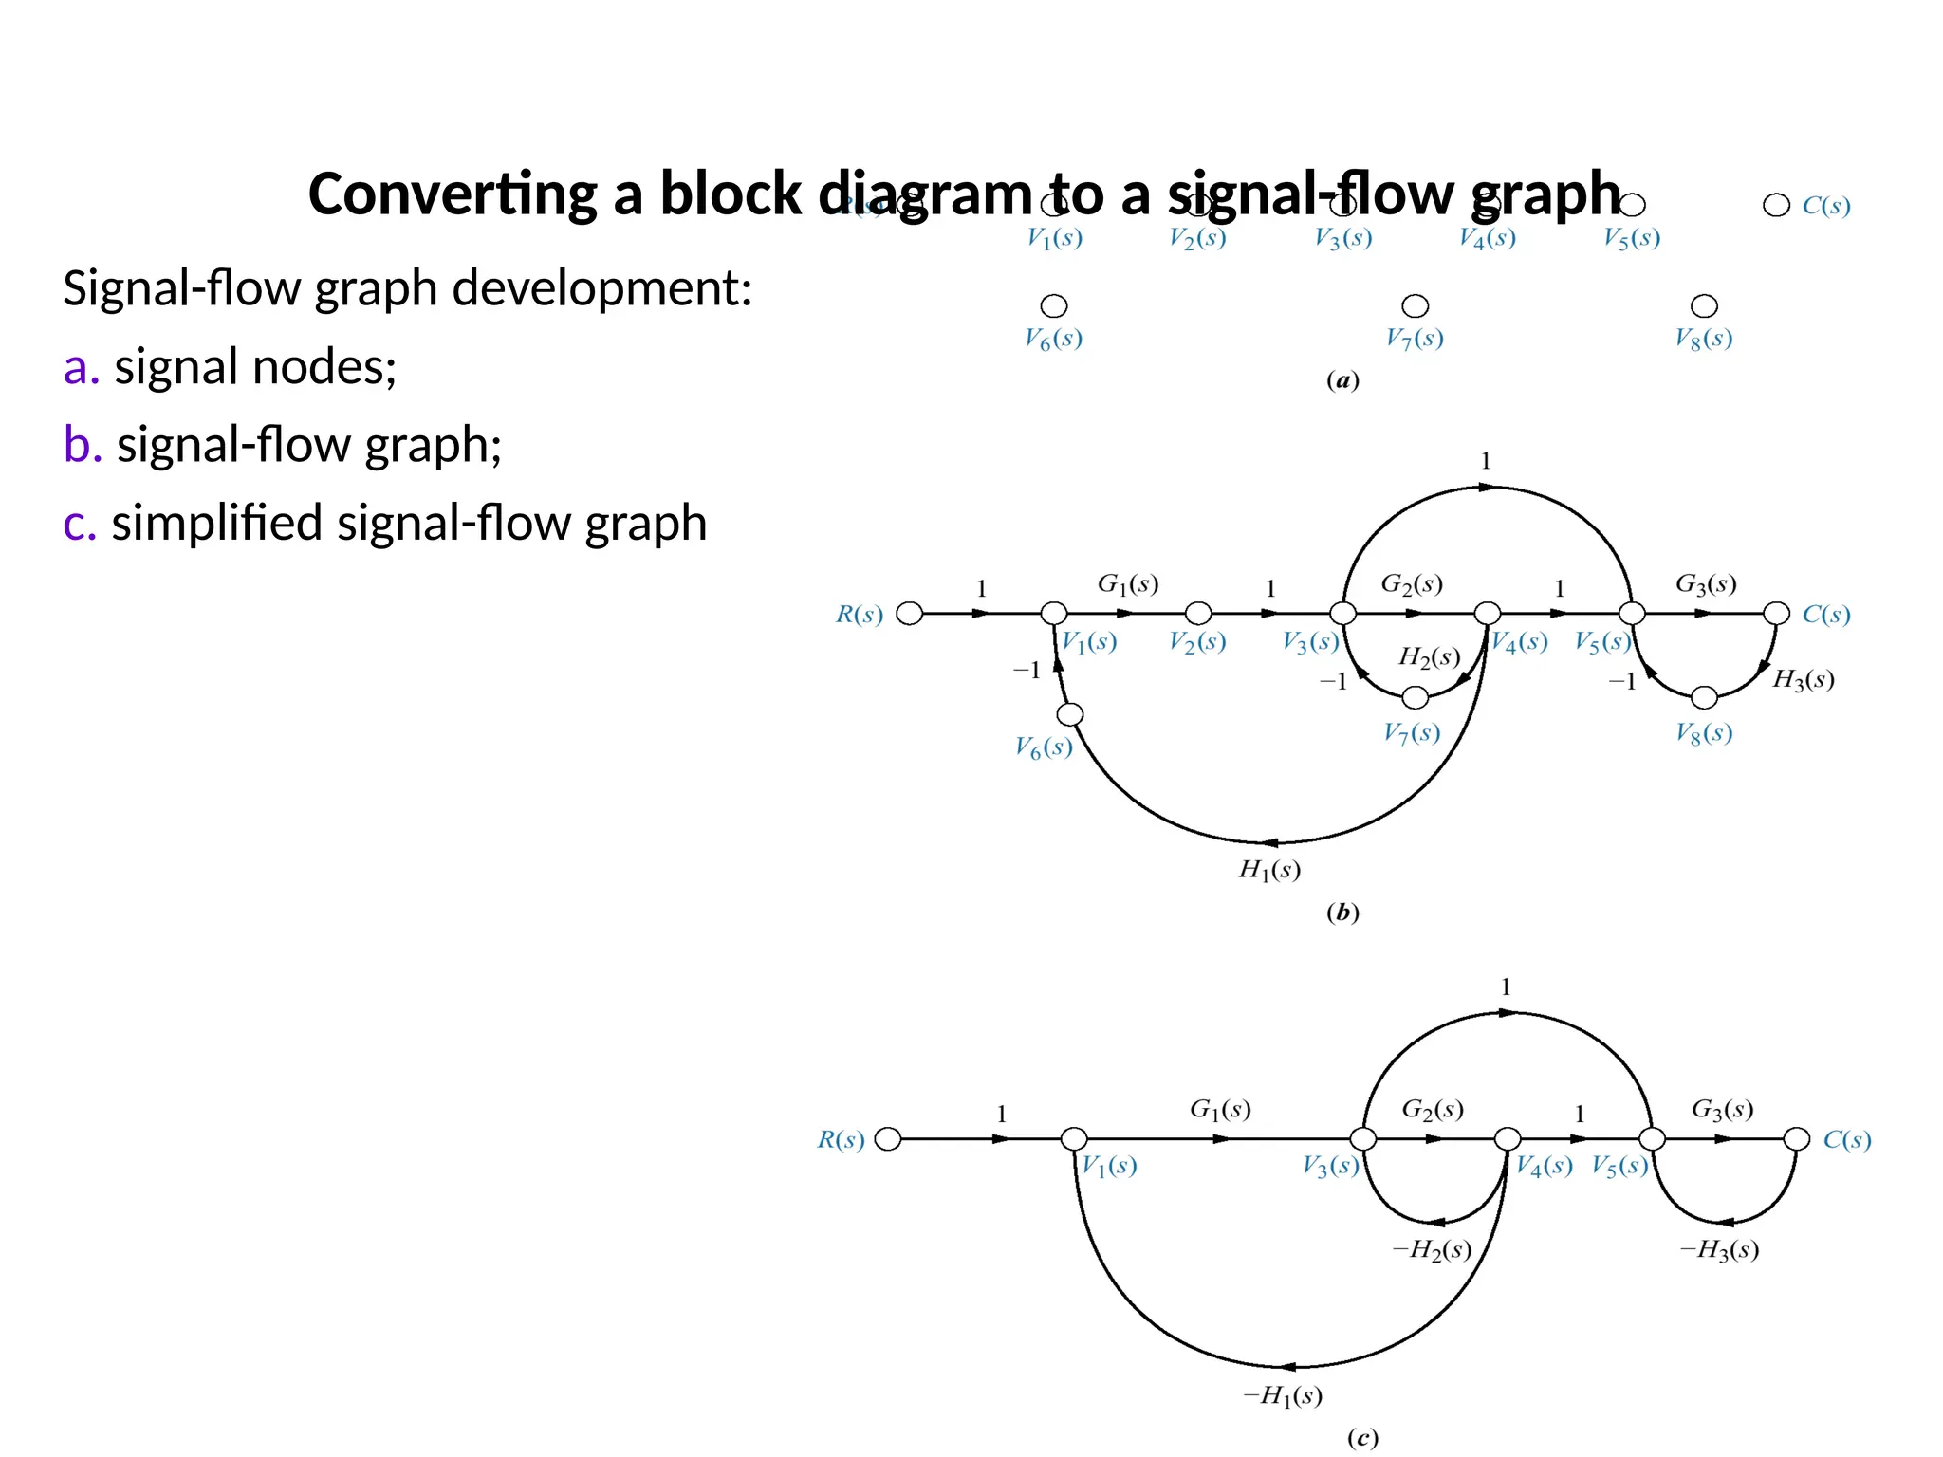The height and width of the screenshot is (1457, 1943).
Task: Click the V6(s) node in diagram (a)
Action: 1054,305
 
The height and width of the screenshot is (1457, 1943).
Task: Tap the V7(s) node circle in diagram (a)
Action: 1415,305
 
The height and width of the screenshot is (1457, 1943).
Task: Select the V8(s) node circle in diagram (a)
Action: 1704,305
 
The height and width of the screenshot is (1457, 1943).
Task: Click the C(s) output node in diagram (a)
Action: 1776,205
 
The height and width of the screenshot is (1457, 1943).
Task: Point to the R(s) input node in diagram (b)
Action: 909,614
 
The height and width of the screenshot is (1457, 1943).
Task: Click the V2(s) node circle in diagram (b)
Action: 1198,614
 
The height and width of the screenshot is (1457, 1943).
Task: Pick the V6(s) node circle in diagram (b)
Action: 1070,714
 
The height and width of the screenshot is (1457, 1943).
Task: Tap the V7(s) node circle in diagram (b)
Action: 1415,698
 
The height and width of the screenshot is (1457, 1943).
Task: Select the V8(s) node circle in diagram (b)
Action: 1704,698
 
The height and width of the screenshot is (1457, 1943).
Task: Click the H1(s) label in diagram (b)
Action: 1269,870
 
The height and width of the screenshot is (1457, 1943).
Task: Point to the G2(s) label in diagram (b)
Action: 1412,584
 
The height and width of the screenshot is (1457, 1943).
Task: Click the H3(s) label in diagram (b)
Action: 1803,680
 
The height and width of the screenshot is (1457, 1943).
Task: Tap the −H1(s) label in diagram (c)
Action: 1283,1395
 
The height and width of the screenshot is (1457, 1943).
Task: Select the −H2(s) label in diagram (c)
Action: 1432,1250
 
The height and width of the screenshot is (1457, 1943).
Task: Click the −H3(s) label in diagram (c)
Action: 1719,1250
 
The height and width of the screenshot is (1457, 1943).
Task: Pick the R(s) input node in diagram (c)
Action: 888,1139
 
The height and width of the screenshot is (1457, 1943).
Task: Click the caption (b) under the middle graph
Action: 1342,913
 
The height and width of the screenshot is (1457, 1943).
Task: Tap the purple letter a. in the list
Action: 82,367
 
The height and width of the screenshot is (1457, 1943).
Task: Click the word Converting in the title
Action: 453,194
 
